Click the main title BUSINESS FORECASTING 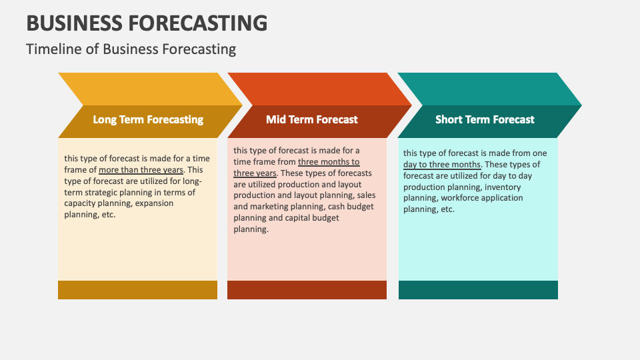(147, 22)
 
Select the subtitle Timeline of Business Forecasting (131, 49)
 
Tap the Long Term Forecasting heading (148, 120)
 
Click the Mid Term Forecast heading (312, 120)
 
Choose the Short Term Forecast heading (485, 120)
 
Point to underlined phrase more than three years (141, 169)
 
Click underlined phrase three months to (329, 162)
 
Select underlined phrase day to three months (441, 164)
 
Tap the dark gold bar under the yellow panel (137, 290)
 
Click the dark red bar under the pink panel (307, 290)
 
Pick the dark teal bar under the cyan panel (478, 290)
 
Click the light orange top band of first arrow (140, 89)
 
